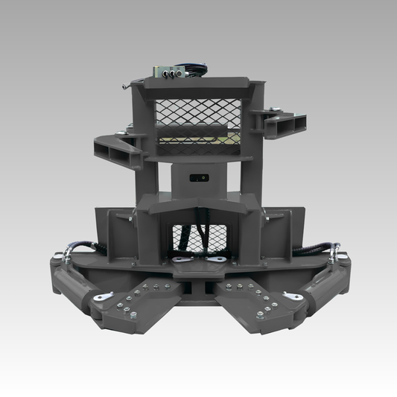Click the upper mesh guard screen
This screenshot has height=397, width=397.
[x=198, y=119]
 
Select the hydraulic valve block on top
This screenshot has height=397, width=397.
[x=170, y=71]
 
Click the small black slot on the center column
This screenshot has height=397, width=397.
[x=197, y=177]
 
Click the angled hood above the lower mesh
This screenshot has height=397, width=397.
[x=198, y=209]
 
